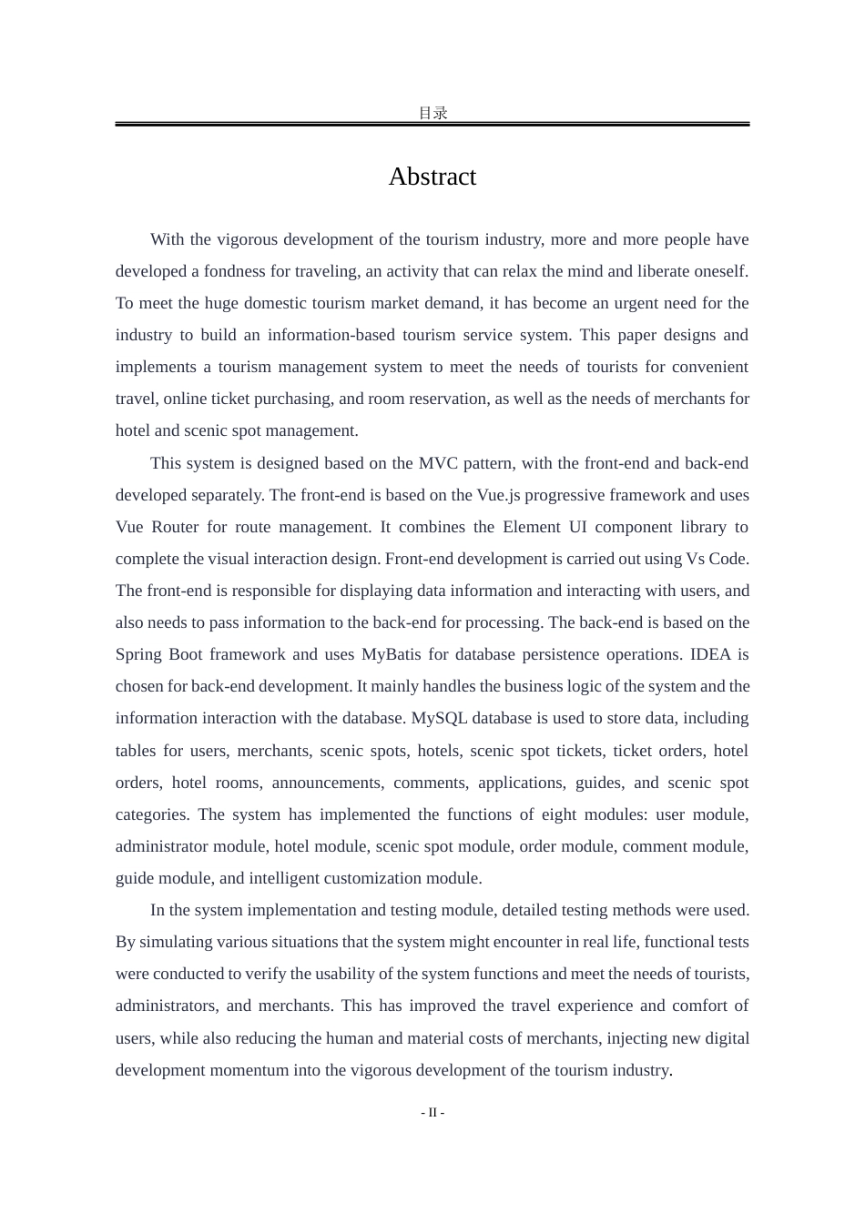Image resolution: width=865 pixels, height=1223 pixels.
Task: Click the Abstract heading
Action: (x=432, y=177)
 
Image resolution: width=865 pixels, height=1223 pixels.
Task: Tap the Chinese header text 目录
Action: (x=432, y=113)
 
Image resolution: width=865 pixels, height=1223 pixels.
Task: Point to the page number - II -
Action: (x=432, y=1112)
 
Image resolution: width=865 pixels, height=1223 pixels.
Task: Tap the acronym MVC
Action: (x=439, y=463)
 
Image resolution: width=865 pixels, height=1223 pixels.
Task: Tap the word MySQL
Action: (x=439, y=718)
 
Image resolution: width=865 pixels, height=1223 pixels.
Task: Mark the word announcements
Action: (x=325, y=783)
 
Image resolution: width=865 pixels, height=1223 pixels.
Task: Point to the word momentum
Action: (x=249, y=1070)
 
